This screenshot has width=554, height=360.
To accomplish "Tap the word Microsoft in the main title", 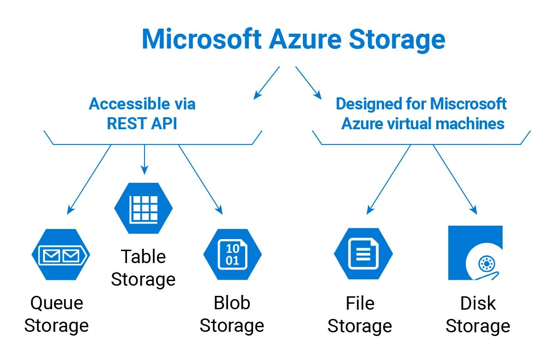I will tap(202, 39).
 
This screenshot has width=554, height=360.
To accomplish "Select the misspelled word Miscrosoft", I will tap(469, 104).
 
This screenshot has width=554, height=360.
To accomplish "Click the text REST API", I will tap(142, 124).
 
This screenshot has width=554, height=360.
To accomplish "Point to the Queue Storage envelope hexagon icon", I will tap(60, 254).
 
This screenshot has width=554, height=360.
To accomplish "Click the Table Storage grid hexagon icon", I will tap(144, 208).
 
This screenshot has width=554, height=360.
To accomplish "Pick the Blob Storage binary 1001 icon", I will tap(232, 254).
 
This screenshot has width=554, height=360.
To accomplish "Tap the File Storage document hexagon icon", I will tap(363, 254).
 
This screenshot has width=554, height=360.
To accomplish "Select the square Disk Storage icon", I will tap(475, 253).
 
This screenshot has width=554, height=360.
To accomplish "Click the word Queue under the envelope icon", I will tap(57, 304).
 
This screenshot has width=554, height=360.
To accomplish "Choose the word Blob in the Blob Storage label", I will tap(232, 303).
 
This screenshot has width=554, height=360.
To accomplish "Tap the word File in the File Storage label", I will tap(360, 304).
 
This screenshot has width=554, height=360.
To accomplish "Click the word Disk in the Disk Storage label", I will tap(478, 304).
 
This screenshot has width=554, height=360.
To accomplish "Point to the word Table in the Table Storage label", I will tap(143, 257).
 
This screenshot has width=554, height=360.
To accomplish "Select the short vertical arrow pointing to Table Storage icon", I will tap(145, 160).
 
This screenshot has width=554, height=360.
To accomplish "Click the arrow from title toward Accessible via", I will tap(267, 83).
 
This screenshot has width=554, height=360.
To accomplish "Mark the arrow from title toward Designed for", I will tap(308, 83).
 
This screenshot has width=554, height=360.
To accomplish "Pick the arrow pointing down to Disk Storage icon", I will tap(454, 179).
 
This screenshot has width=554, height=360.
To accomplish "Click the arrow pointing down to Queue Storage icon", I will tap(90, 179).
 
